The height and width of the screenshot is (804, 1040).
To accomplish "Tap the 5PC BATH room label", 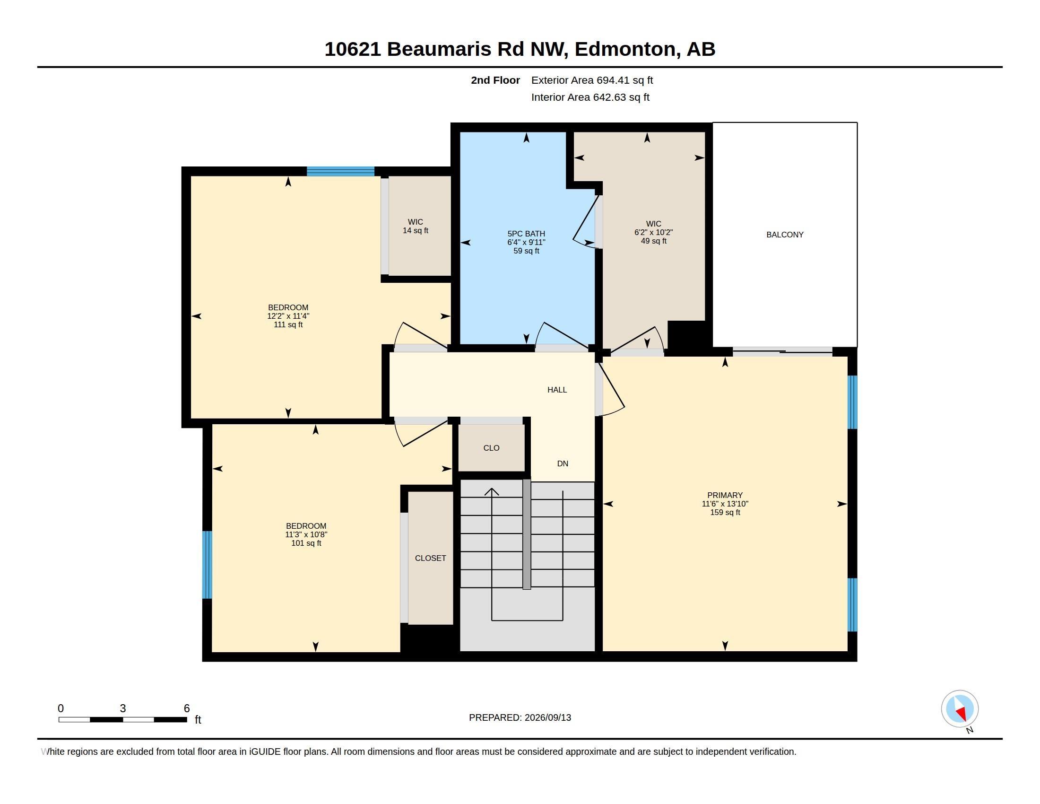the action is pos(526,233).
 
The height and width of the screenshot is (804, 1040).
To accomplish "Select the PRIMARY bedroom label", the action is pos(725,495).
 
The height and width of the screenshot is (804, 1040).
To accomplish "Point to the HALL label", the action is pos(557,390).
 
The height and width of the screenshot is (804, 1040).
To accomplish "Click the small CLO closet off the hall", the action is pos(492,448).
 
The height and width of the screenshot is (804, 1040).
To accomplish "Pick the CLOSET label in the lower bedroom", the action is pos(431,558).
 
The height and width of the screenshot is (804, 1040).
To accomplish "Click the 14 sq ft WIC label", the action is pos(415,226).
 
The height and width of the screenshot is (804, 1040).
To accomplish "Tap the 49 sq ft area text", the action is pos(654,241).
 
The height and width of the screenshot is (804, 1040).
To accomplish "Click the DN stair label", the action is pos(563,463).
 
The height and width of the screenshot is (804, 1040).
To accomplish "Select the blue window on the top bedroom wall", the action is pos(340,172).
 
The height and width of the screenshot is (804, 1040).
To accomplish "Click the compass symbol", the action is pos(960,709).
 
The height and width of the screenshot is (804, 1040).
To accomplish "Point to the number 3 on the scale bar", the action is pos(123,708).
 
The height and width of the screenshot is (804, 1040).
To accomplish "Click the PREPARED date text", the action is pos(520,717).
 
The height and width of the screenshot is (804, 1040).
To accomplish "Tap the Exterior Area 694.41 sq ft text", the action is pos(592,80).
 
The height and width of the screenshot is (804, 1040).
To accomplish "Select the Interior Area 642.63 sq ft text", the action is pos(590,97).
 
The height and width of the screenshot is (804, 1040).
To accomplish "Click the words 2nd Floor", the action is pos(495,80).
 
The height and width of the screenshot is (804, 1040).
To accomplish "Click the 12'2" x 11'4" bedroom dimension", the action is pos(288,316).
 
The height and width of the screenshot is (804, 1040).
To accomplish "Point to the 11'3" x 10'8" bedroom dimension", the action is pos(306,534).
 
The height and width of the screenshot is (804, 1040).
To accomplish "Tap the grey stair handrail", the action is pos(527,534).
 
